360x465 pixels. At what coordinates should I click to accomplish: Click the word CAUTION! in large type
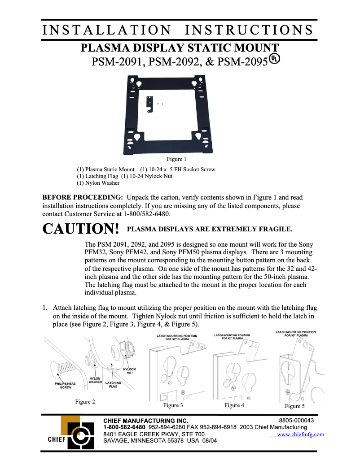point(81,229)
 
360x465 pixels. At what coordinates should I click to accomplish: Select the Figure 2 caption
point(85,402)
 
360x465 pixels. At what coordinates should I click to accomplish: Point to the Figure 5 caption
point(294,406)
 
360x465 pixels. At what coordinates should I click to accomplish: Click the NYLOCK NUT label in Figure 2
point(129,371)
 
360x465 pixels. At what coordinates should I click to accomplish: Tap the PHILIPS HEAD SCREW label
point(65,385)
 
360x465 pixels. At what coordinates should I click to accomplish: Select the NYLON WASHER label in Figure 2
point(95,380)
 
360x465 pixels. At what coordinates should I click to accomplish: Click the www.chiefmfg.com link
point(300,435)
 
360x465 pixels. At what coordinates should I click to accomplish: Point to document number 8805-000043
point(296,421)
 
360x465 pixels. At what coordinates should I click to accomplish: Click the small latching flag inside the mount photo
point(150,104)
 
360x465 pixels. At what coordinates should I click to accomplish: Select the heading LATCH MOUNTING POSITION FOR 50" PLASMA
point(295,334)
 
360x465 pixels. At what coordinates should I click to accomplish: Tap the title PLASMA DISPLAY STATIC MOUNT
point(179,48)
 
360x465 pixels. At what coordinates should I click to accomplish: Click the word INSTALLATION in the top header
point(106,30)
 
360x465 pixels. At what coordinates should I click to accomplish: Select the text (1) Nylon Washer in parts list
point(98,183)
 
